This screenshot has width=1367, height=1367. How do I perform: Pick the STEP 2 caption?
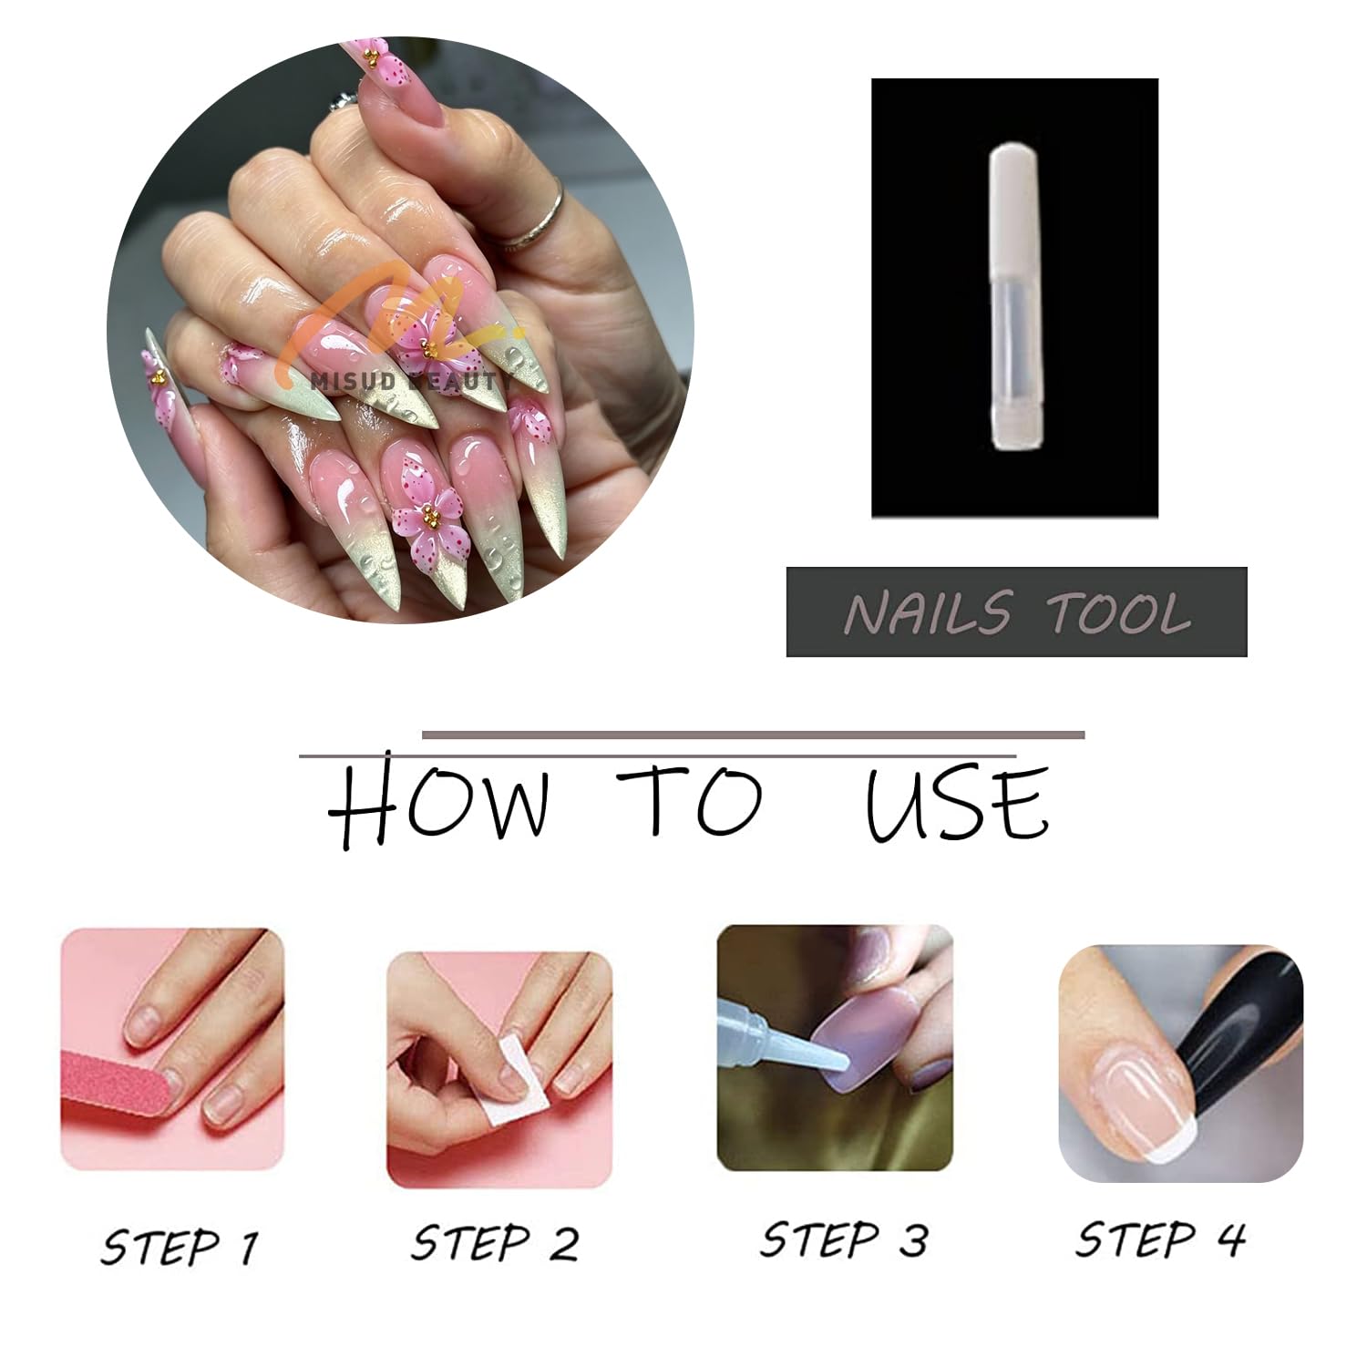coord(494,1242)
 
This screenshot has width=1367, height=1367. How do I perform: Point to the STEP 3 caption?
coord(844,1239)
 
